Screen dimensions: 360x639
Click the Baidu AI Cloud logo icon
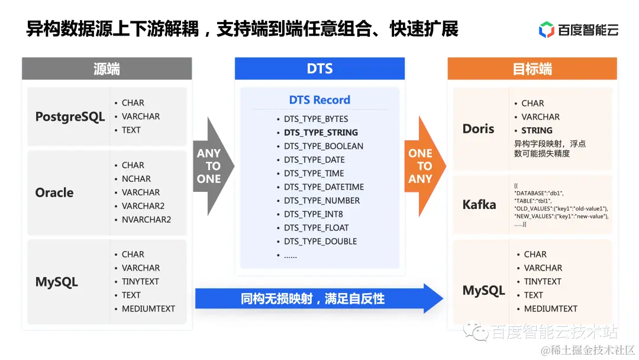[546, 30]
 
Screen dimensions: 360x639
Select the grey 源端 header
[106, 69]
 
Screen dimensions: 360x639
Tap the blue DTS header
[319, 69]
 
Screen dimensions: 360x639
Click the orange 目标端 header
[532, 69]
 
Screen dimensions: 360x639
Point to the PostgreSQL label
[70, 117]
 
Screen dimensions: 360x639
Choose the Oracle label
[54, 192]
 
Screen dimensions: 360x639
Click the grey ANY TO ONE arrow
[210, 166]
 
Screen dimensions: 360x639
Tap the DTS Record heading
[319, 100]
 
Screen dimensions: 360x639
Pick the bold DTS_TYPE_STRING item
[321, 133]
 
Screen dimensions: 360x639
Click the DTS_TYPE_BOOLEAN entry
[323, 146]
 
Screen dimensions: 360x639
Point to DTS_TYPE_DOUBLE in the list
[320, 242]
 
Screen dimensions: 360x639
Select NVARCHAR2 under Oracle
[146, 220]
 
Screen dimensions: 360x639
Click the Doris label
[478, 128]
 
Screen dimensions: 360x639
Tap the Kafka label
[479, 205]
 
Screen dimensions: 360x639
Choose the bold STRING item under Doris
[537, 130]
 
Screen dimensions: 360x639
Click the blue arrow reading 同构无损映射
[314, 298]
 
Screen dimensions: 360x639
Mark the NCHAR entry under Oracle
[136, 179]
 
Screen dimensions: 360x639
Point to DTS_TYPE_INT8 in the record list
[313, 214]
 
